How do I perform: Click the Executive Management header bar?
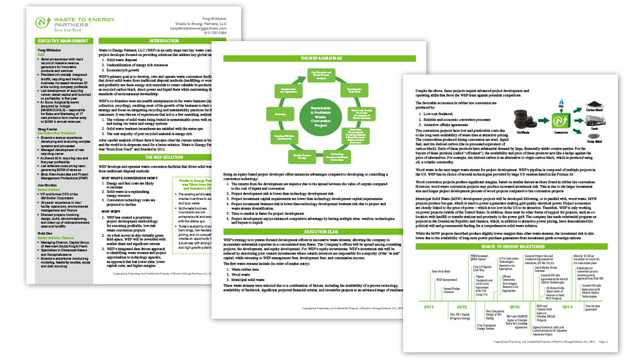click(x=59, y=40)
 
